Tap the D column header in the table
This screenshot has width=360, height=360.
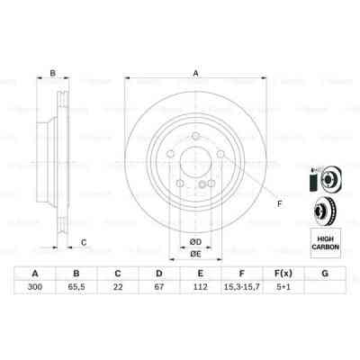tap(159, 274)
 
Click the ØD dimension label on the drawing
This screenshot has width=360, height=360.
tap(193, 240)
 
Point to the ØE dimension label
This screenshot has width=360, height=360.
tap(193, 255)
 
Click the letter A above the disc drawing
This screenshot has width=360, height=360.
tap(195, 74)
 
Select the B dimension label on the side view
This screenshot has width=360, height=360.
tap(52, 74)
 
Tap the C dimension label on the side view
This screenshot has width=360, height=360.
tap(83, 240)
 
